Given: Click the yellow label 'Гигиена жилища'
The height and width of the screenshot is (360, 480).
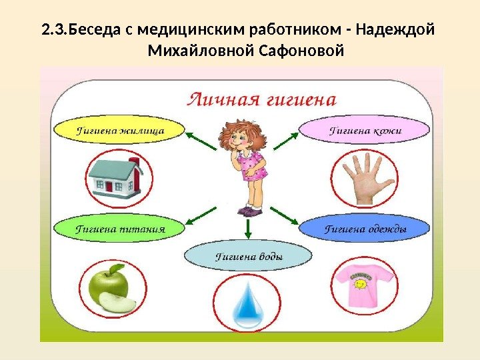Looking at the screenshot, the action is point(119,130).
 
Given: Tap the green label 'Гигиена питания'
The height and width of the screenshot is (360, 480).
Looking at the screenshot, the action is point(119,229).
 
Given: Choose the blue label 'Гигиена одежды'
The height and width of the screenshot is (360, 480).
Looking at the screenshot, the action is point(365,229).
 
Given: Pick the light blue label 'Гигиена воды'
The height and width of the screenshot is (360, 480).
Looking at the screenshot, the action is point(247,256).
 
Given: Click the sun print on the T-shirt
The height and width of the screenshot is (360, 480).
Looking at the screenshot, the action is point(360,283).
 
